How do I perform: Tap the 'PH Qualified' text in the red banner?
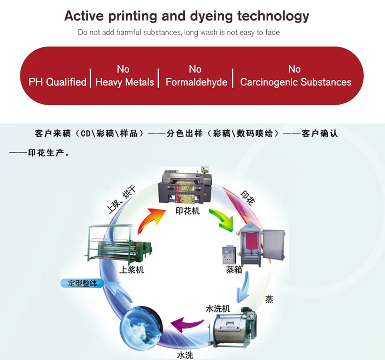click(x=57, y=82)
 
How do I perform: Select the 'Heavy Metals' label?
click(x=124, y=82)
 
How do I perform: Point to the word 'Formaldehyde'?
click(x=197, y=82)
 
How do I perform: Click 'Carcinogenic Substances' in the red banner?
click(x=296, y=82)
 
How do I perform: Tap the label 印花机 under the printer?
click(x=187, y=211)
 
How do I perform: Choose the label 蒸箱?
click(x=234, y=270)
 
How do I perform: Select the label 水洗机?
click(x=217, y=309)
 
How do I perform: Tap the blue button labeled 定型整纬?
click(x=82, y=283)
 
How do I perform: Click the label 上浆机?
click(x=131, y=270)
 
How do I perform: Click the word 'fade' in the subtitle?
click(x=272, y=32)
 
